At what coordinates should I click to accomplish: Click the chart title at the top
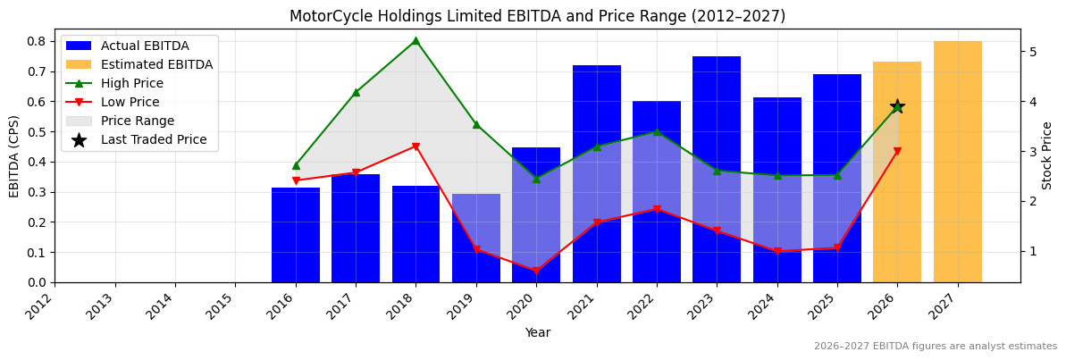pos(537,16)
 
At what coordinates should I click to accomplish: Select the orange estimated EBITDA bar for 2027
pos(957,162)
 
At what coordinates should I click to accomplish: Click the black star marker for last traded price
pos(897,106)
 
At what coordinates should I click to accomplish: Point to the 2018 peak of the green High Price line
pos(415,40)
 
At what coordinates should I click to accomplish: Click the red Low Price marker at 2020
pos(536,271)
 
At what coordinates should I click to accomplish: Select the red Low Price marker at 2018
pos(415,147)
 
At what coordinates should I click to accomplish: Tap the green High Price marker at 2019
pos(476,124)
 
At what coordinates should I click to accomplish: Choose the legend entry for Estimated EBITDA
pos(156,64)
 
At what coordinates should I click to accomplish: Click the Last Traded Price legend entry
pos(154,139)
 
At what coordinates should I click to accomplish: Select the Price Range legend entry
pos(138,121)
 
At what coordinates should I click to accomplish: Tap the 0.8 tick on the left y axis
pos(38,41)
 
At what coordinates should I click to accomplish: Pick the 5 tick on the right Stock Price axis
pos(1033,52)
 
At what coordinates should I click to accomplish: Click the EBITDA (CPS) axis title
pos(14,155)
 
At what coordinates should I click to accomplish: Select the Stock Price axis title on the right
pos(1047,155)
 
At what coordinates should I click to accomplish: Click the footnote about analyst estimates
pos(935,347)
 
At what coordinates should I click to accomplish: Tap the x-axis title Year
pos(537,332)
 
